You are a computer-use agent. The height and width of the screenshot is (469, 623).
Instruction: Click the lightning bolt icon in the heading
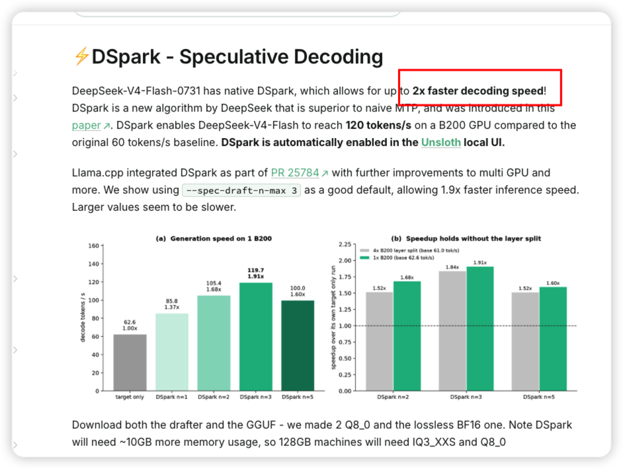81,56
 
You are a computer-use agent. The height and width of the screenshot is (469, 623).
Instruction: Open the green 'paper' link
86,126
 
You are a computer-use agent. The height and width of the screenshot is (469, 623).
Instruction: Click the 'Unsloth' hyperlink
441,142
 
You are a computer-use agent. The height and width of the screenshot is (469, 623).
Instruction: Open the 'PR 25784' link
295,172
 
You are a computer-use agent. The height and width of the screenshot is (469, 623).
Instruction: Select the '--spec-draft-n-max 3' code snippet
241,190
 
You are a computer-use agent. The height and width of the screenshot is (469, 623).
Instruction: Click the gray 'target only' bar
130,362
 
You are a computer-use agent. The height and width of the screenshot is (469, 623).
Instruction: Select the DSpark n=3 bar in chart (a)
256,336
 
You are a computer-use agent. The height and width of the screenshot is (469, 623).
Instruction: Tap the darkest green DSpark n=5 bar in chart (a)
298,345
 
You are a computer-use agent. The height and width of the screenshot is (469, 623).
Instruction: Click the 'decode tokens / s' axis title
83,318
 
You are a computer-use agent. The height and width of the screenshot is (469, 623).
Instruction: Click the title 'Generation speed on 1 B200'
221,238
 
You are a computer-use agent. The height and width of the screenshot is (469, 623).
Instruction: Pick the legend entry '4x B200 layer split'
409,250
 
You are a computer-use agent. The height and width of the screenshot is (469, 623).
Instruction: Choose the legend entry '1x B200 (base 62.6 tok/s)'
397,258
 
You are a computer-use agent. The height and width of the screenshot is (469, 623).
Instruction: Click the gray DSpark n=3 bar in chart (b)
452,331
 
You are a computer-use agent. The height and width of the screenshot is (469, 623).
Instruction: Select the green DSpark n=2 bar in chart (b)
407,336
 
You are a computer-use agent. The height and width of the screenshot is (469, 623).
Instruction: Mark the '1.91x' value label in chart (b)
480,262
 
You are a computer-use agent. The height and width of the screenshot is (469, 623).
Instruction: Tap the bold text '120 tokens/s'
378,126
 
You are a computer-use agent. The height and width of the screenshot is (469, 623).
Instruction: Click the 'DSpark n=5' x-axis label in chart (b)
539,397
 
